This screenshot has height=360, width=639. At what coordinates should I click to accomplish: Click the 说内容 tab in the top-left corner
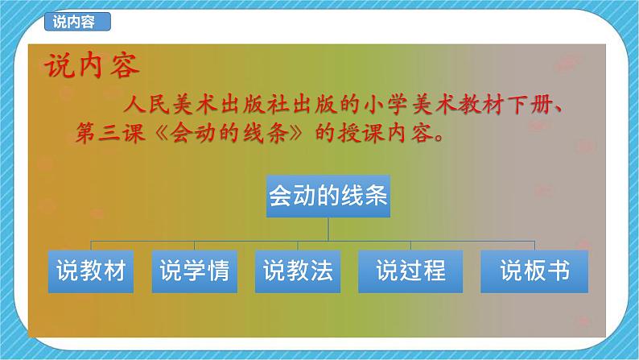[x=74, y=23]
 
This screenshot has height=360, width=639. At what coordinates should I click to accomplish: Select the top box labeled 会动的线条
[x=328, y=196]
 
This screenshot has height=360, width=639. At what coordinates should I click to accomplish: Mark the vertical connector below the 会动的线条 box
[x=328, y=229]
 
